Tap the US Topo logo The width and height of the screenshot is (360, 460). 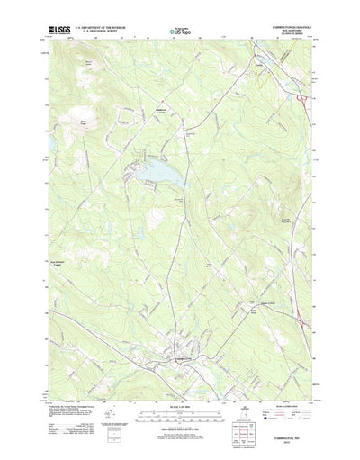179,33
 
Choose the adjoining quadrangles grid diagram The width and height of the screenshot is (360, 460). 291,409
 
